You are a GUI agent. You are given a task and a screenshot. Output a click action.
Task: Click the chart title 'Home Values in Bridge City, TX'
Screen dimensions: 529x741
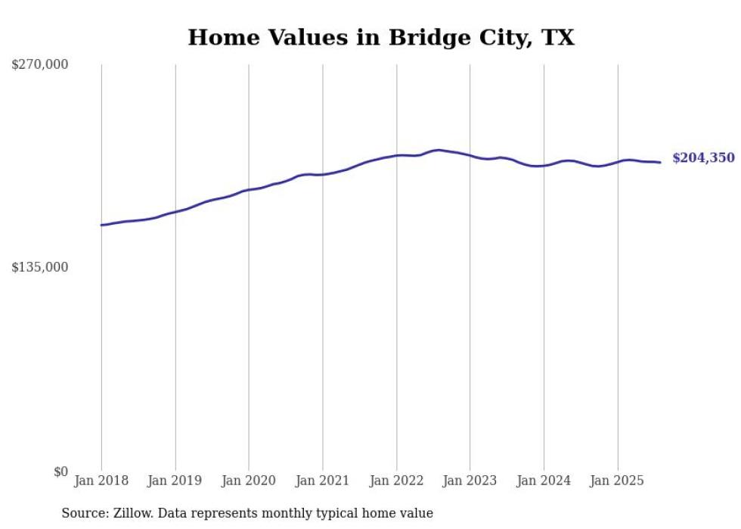[x=381, y=37]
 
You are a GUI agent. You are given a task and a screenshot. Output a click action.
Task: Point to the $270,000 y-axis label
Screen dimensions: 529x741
[x=40, y=65]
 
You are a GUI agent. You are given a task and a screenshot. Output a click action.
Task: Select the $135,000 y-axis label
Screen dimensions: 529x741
[x=40, y=267]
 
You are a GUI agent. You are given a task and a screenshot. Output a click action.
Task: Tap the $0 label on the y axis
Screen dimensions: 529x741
[x=60, y=471]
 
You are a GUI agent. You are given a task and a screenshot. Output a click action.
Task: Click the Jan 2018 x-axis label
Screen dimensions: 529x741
[x=101, y=481]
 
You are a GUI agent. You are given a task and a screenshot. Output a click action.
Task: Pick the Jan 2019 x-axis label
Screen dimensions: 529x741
[x=175, y=481]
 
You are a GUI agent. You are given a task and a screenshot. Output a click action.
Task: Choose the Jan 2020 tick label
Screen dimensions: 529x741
[x=249, y=481]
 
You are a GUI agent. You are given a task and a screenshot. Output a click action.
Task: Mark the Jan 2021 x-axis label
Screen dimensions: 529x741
[x=323, y=481]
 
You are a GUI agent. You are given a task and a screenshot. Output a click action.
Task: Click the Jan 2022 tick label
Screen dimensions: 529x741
[x=396, y=481]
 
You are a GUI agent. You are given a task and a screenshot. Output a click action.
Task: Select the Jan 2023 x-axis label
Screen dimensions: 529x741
[x=470, y=481]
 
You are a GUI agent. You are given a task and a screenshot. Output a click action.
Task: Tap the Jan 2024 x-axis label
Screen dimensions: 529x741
[x=544, y=481]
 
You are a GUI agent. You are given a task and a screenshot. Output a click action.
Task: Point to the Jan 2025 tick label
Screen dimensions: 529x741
[x=618, y=481]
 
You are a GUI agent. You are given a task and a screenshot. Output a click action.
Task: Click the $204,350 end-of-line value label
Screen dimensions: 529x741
[x=702, y=158]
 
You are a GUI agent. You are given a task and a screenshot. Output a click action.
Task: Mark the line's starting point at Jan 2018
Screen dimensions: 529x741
[x=101, y=225]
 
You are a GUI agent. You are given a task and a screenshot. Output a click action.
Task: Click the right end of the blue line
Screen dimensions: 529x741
[x=660, y=162]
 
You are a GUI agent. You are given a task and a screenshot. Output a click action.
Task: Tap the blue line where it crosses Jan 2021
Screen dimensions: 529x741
[x=323, y=175]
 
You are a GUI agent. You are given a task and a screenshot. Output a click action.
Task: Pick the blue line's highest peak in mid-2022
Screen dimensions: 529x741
[x=438, y=150]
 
